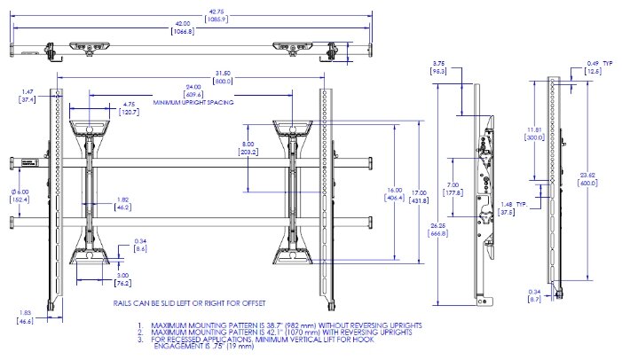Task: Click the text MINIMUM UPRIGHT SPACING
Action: click(x=193, y=103)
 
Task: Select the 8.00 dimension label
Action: click(x=249, y=144)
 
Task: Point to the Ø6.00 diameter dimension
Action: click(x=20, y=195)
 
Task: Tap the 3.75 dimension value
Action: click(x=438, y=63)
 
